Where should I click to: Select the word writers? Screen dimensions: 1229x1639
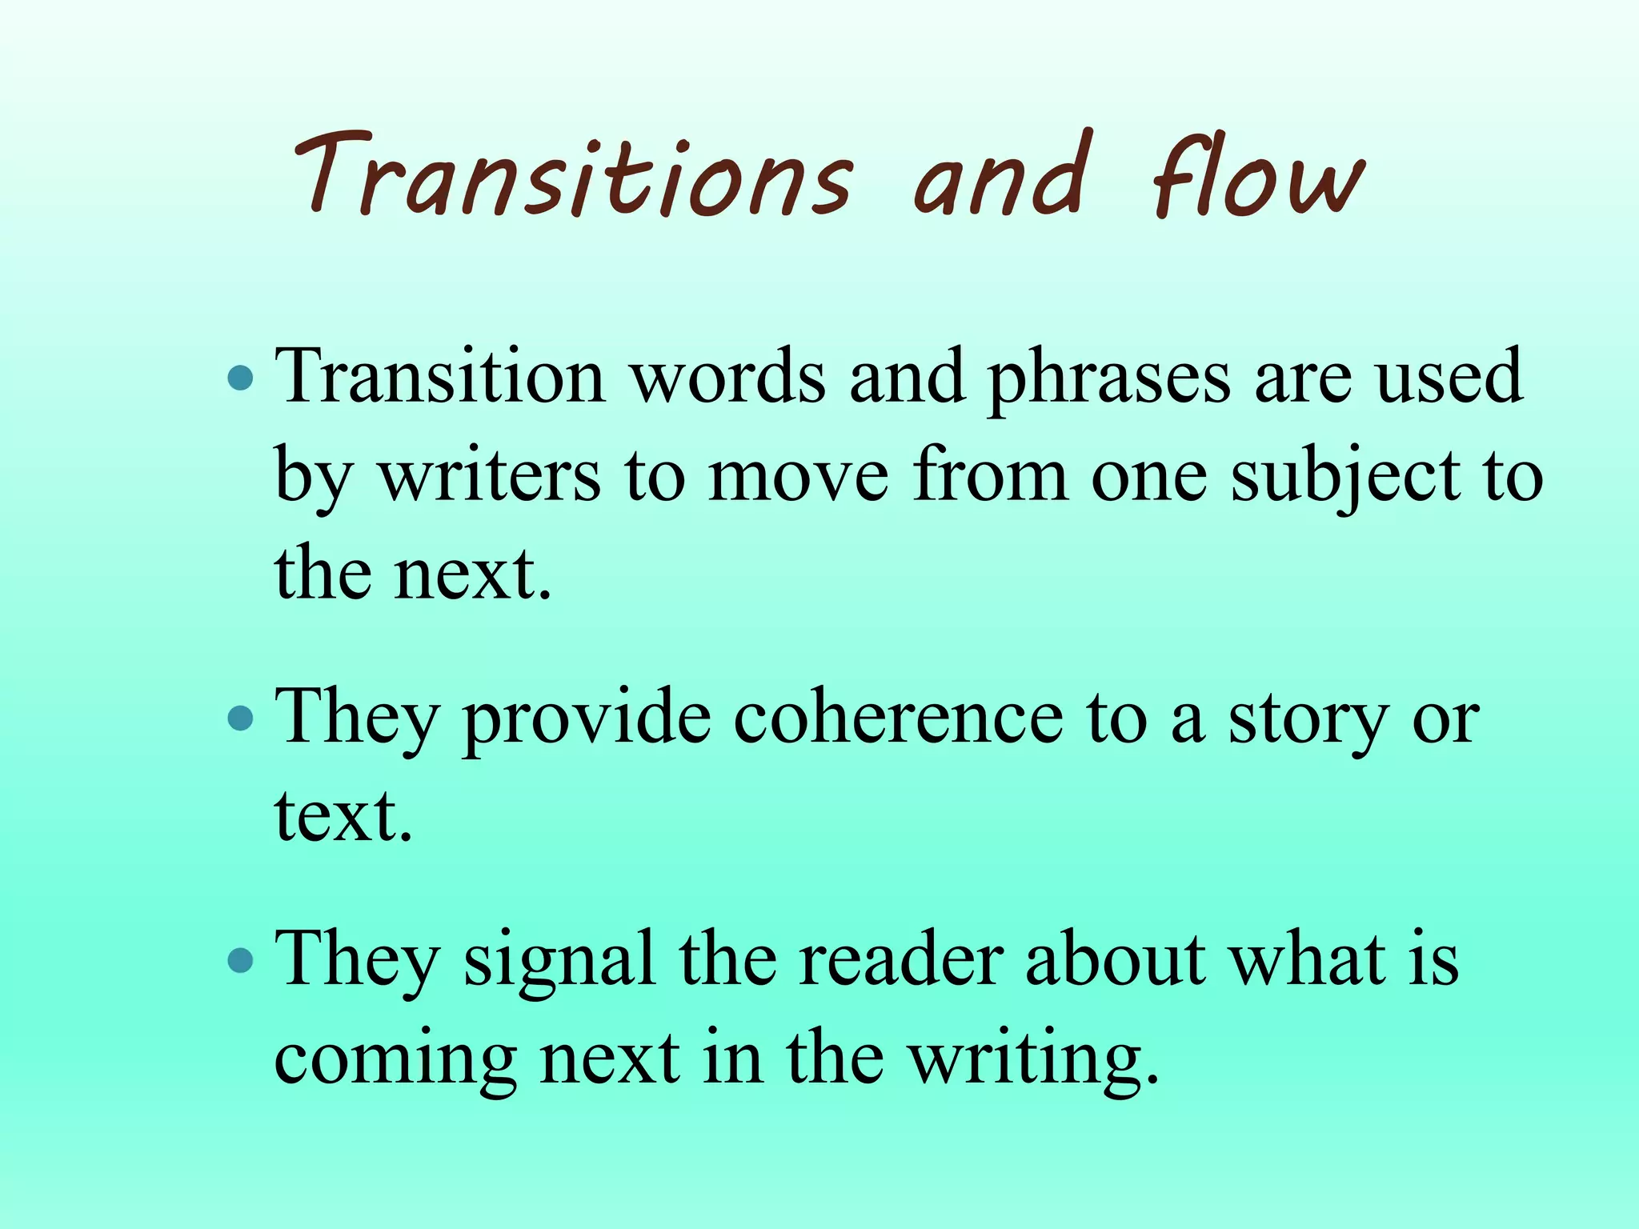[489, 475]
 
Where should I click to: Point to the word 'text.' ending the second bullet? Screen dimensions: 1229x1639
[343, 816]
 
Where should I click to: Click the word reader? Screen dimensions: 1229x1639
[900, 959]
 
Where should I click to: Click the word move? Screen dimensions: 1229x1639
[798, 477]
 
